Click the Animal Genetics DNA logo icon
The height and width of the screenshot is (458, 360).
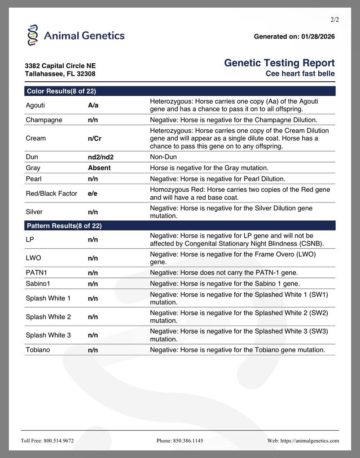(33, 35)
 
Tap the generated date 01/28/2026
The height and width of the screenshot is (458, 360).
(317, 36)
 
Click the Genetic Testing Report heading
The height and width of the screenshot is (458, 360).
(279, 63)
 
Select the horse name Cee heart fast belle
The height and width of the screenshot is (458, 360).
(300, 73)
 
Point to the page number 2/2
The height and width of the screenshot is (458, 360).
(334, 20)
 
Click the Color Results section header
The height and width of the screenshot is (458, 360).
(61, 91)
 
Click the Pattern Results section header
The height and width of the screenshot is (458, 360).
(64, 226)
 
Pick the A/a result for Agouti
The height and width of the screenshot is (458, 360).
(93, 106)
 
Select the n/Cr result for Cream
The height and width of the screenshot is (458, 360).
(95, 139)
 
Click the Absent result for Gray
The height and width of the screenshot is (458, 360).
(99, 168)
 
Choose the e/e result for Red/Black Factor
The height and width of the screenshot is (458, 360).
(93, 194)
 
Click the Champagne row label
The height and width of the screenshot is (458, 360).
(44, 120)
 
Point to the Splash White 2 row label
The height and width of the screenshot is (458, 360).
(48, 317)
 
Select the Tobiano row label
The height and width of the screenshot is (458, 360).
(38, 350)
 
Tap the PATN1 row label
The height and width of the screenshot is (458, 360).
(36, 273)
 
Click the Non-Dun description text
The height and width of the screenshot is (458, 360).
(163, 157)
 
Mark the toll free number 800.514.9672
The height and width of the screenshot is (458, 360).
(58, 441)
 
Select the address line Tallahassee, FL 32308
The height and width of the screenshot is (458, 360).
(60, 74)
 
